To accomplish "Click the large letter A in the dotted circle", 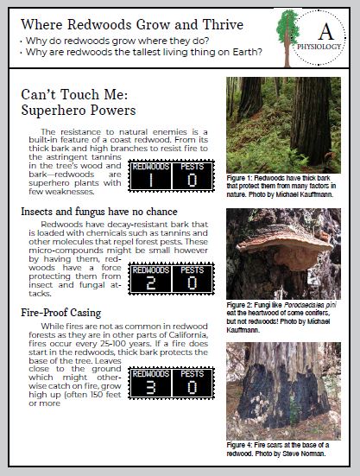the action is pyautogui.click(x=326, y=32).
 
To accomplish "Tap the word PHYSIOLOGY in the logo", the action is pyautogui.click(x=319, y=47).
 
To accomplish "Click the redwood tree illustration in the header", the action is pyautogui.click(x=287, y=38).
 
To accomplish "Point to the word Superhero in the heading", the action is pyautogui.click(x=53, y=111).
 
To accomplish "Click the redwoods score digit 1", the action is pyautogui.click(x=151, y=181).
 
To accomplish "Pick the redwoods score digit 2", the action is pyautogui.click(x=151, y=283).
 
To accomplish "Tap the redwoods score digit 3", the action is pyautogui.click(x=151, y=387).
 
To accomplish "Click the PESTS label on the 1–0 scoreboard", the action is pyautogui.click(x=193, y=167).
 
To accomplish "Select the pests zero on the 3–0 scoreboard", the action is pyautogui.click(x=193, y=387).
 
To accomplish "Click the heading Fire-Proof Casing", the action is pyautogui.click(x=61, y=313).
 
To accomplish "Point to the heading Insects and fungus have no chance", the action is pyautogui.click(x=99, y=212).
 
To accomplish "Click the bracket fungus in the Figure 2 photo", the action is pyautogui.click(x=283, y=245).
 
